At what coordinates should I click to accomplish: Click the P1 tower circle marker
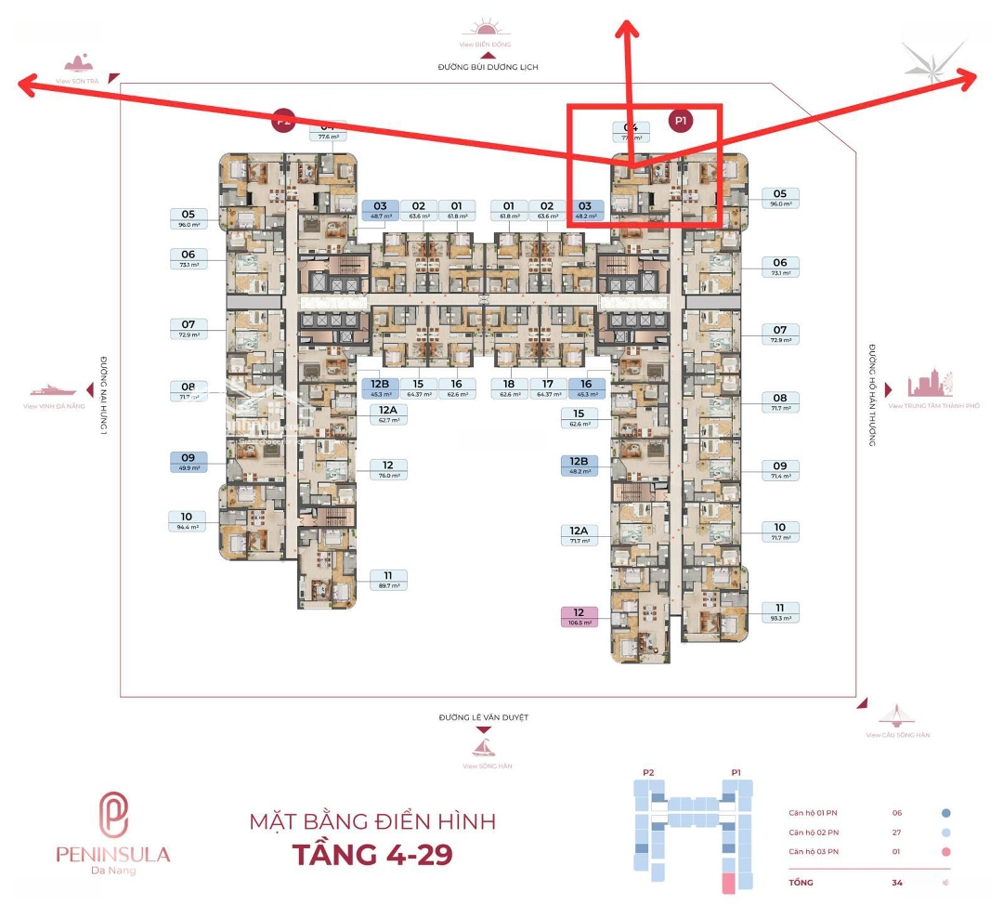(x=681, y=121)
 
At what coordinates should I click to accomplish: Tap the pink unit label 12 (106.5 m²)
(x=580, y=617)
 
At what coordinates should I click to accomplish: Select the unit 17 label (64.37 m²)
(x=548, y=387)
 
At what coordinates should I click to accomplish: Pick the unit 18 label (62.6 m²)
(x=509, y=387)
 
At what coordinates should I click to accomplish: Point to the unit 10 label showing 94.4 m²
(x=187, y=521)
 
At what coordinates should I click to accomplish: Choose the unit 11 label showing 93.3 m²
(x=780, y=611)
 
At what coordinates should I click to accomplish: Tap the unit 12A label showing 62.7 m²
(x=387, y=413)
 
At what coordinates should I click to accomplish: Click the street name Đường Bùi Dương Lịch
(x=488, y=68)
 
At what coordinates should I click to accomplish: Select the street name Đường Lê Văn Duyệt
(x=488, y=718)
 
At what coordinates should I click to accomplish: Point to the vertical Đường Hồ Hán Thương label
(x=873, y=396)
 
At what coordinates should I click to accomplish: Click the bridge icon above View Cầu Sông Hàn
(x=897, y=715)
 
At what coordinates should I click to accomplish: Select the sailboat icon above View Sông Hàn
(x=485, y=747)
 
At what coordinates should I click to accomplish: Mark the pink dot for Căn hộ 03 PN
(x=945, y=852)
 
